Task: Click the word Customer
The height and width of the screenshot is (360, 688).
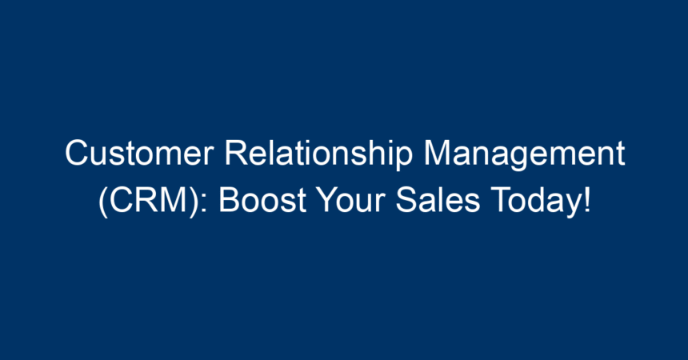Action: (139, 153)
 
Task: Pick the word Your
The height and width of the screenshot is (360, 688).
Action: (350, 200)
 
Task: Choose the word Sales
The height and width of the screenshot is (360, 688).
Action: (438, 200)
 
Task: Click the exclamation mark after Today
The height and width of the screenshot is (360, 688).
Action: (586, 200)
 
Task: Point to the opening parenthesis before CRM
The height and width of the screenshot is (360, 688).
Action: (103, 202)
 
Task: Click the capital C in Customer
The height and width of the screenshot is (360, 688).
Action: (77, 153)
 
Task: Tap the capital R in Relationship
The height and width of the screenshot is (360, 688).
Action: (237, 153)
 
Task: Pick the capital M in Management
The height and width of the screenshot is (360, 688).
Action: (438, 153)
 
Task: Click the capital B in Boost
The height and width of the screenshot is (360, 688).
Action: (229, 200)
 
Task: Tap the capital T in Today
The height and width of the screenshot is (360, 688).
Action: (501, 200)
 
